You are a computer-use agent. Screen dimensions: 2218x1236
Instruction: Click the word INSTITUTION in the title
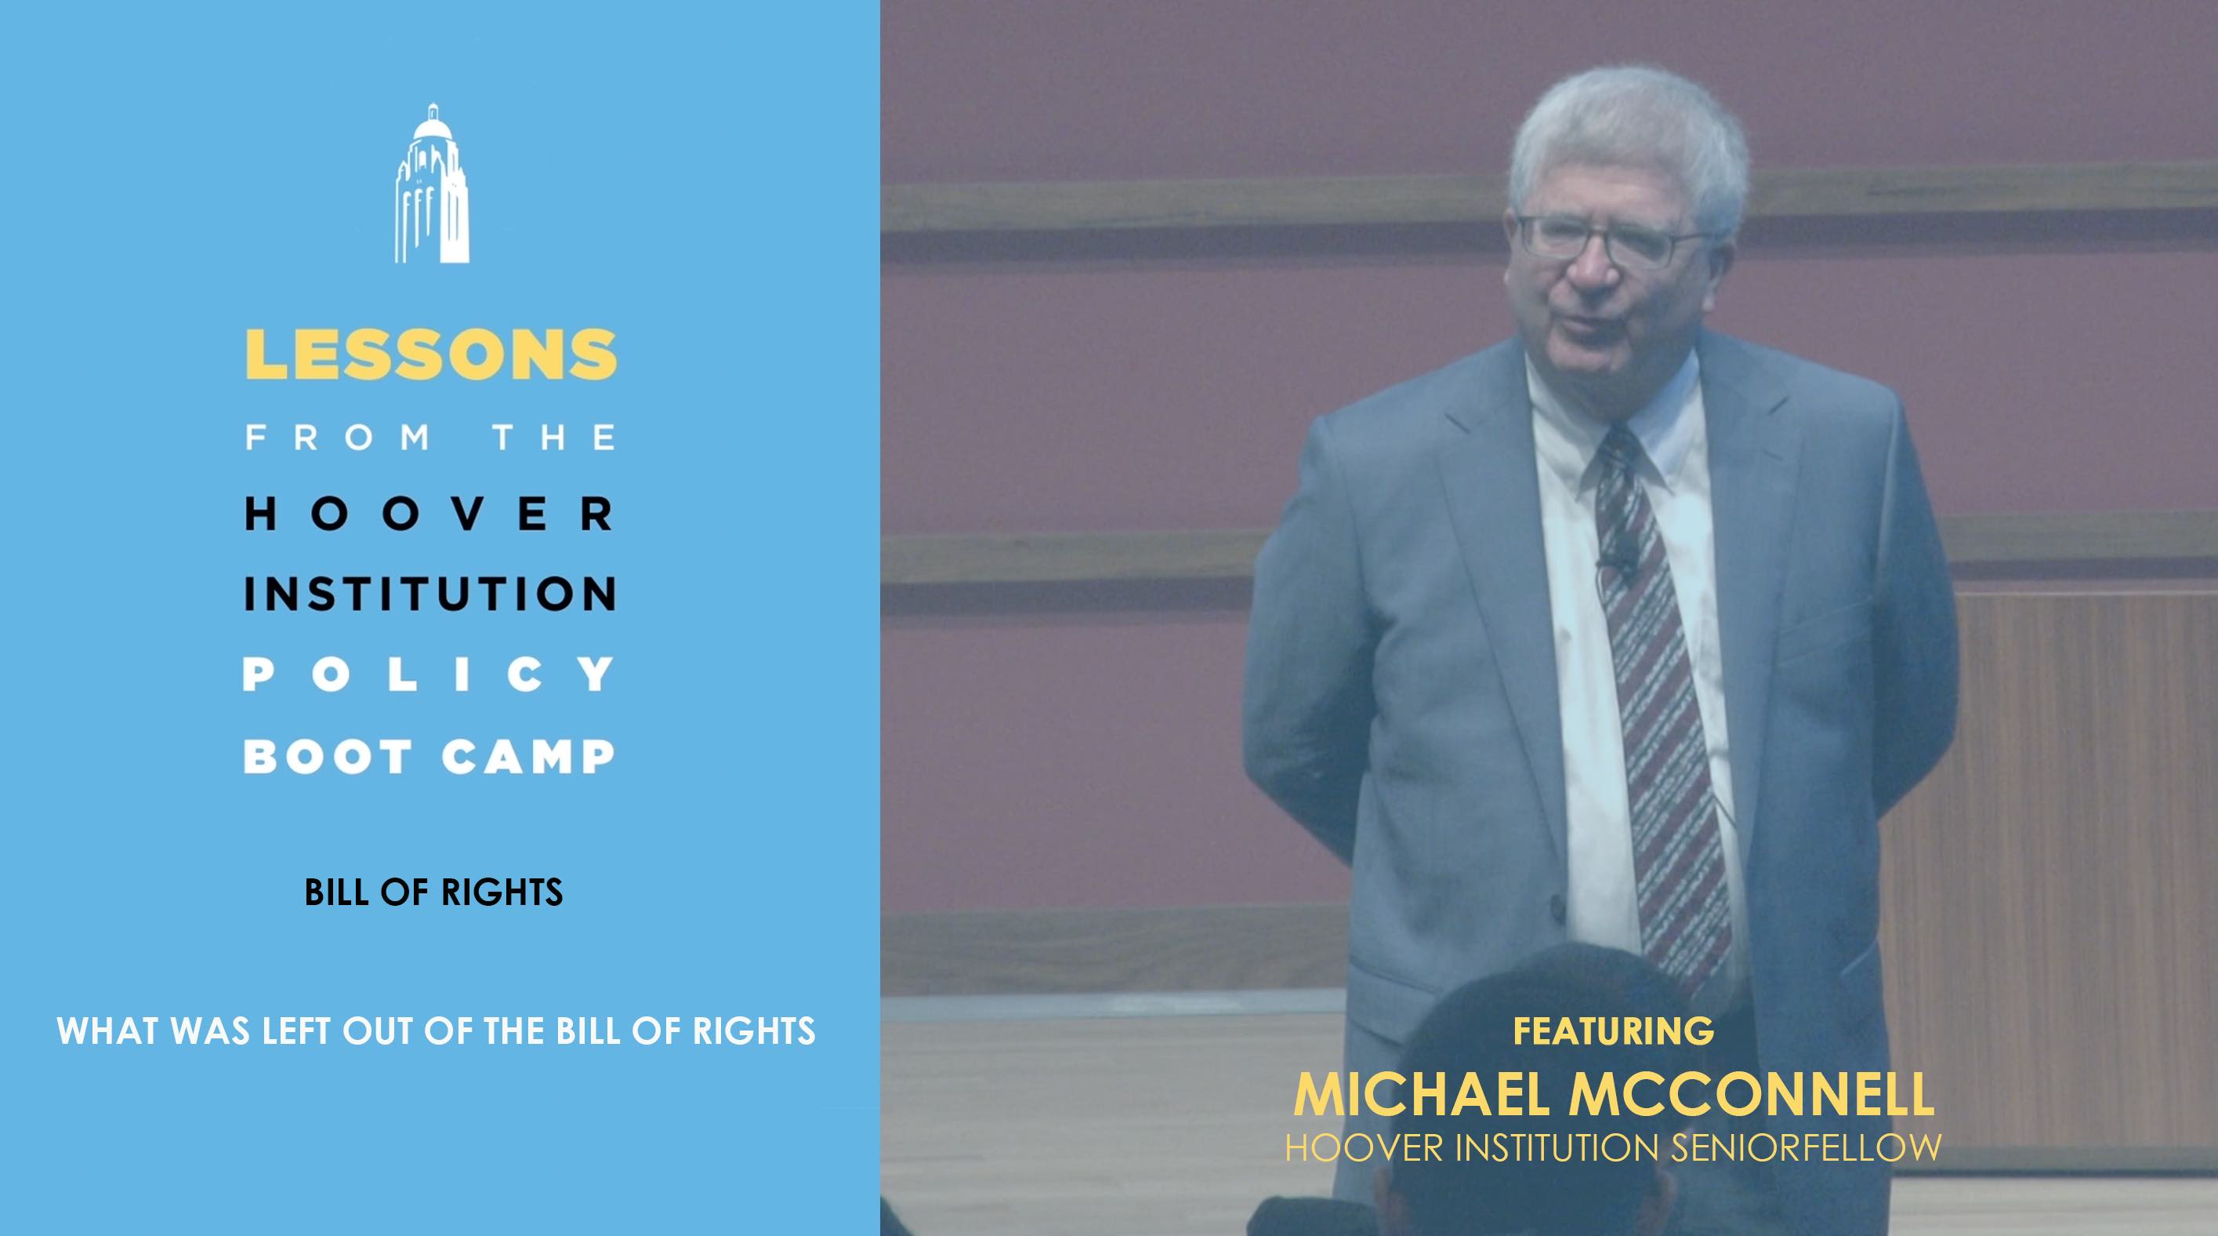(x=430, y=594)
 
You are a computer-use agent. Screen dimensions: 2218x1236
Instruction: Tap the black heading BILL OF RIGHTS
(x=434, y=892)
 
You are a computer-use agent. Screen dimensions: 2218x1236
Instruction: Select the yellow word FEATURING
(x=1614, y=1031)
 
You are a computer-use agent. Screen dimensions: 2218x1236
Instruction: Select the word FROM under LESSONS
(x=339, y=438)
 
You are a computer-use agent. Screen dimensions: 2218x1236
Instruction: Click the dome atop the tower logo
(x=431, y=125)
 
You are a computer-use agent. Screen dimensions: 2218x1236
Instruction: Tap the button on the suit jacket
(x=1557, y=910)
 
